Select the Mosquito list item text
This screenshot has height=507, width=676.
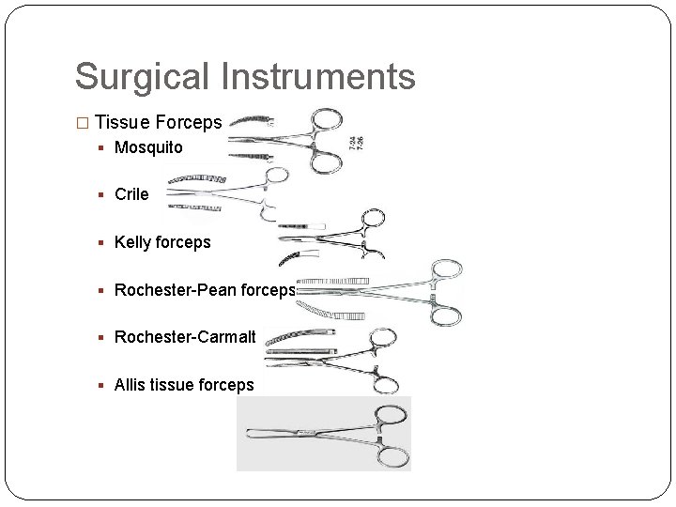click(x=148, y=147)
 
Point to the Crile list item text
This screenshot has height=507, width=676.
click(x=131, y=194)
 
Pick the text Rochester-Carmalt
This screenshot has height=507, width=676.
click(x=185, y=336)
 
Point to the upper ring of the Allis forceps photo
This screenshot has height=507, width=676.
click(x=390, y=417)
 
